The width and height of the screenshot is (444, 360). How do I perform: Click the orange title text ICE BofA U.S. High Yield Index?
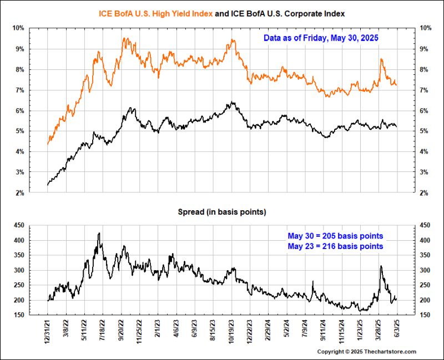(x=155, y=13)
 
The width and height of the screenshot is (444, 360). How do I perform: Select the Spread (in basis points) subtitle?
(x=221, y=212)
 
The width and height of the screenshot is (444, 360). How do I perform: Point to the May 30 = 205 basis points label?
(x=335, y=236)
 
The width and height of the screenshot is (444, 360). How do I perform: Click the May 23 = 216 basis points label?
(x=335, y=246)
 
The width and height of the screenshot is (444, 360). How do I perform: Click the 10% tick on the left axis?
(x=18, y=28)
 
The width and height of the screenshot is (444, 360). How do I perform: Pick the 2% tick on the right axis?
(x=425, y=193)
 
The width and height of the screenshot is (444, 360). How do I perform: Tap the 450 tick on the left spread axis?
(x=18, y=225)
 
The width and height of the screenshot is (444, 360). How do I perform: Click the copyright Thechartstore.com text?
(x=366, y=352)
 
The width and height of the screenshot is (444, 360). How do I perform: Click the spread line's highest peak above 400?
(x=99, y=234)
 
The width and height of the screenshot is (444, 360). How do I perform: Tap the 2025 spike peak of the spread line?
(x=381, y=266)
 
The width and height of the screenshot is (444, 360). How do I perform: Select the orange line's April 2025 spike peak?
(x=381, y=59)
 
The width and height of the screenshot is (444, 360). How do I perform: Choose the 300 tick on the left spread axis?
(x=18, y=270)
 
